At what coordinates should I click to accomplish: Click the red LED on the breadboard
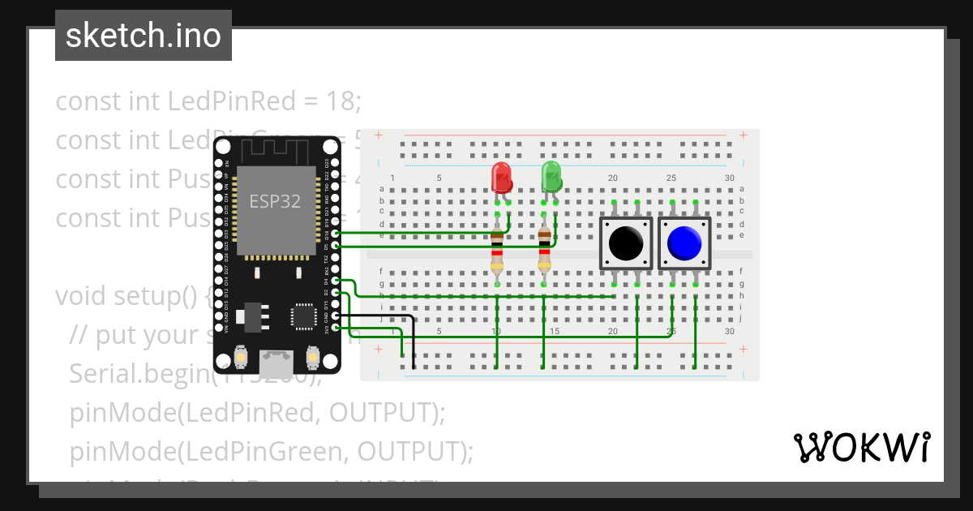(501, 177)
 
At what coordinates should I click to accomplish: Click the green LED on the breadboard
(551, 176)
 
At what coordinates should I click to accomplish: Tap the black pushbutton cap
(626, 243)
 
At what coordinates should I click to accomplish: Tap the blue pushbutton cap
(684, 243)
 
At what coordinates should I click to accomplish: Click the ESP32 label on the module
(274, 201)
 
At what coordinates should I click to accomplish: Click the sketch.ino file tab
(144, 36)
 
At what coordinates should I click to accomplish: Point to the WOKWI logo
(861, 447)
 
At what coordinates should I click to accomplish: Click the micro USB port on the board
(276, 357)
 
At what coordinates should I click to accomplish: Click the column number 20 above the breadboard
(613, 178)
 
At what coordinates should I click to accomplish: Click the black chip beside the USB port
(304, 316)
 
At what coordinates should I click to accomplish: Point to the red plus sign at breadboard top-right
(743, 135)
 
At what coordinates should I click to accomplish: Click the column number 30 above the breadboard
(730, 178)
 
